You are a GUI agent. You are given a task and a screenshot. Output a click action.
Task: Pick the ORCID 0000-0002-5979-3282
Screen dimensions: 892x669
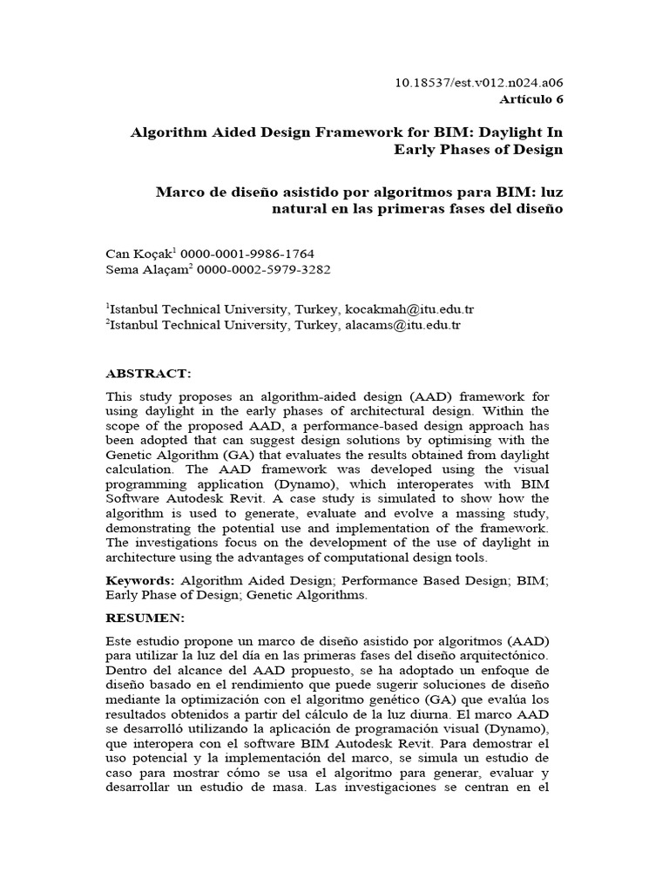point(264,270)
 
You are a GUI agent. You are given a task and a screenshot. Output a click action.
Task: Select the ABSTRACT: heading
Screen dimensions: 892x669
point(148,373)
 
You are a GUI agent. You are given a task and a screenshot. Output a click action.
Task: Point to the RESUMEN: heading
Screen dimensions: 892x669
point(145,618)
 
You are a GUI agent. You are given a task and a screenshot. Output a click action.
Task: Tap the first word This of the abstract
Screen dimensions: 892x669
point(118,396)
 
